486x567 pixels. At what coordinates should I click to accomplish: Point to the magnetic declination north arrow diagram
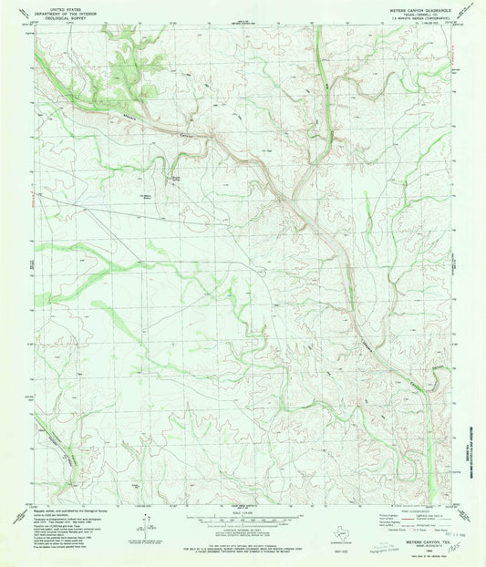point(146,523)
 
